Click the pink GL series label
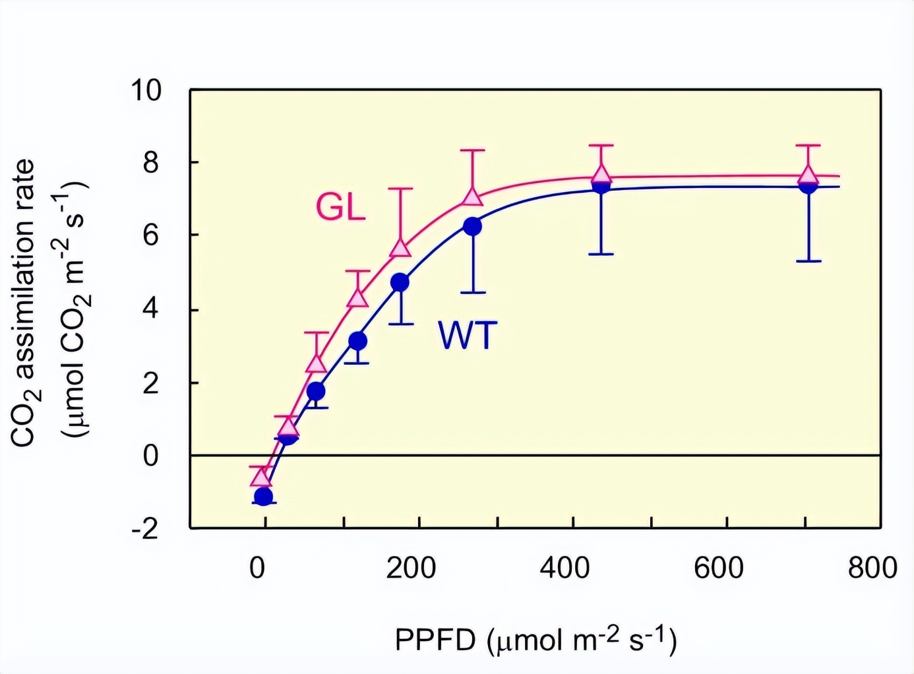pyautogui.click(x=340, y=208)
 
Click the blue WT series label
pyautogui.click(x=467, y=335)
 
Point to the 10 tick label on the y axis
pyautogui.click(x=146, y=90)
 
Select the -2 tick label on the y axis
pyautogui.click(x=146, y=528)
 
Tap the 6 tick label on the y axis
pyautogui.click(x=151, y=235)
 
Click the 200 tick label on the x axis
pyautogui.click(x=411, y=568)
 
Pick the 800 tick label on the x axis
pyautogui.click(x=872, y=568)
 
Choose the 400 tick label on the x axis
pyautogui.click(x=564, y=568)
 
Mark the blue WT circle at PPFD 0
pyautogui.click(x=263, y=496)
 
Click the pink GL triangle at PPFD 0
pyautogui.click(x=261, y=476)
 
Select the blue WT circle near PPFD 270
pyautogui.click(x=472, y=226)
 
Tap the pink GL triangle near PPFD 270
pyautogui.click(x=472, y=197)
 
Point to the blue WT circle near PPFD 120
pyautogui.click(x=357, y=341)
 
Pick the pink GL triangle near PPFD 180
pyautogui.click(x=400, y=248)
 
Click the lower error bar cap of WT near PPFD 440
pyautogui.click(x=601, y=254)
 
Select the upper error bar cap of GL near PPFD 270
pyautogui.click(x=472, y=150)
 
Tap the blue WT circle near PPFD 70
pyautogui.click(x=316, y=391)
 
